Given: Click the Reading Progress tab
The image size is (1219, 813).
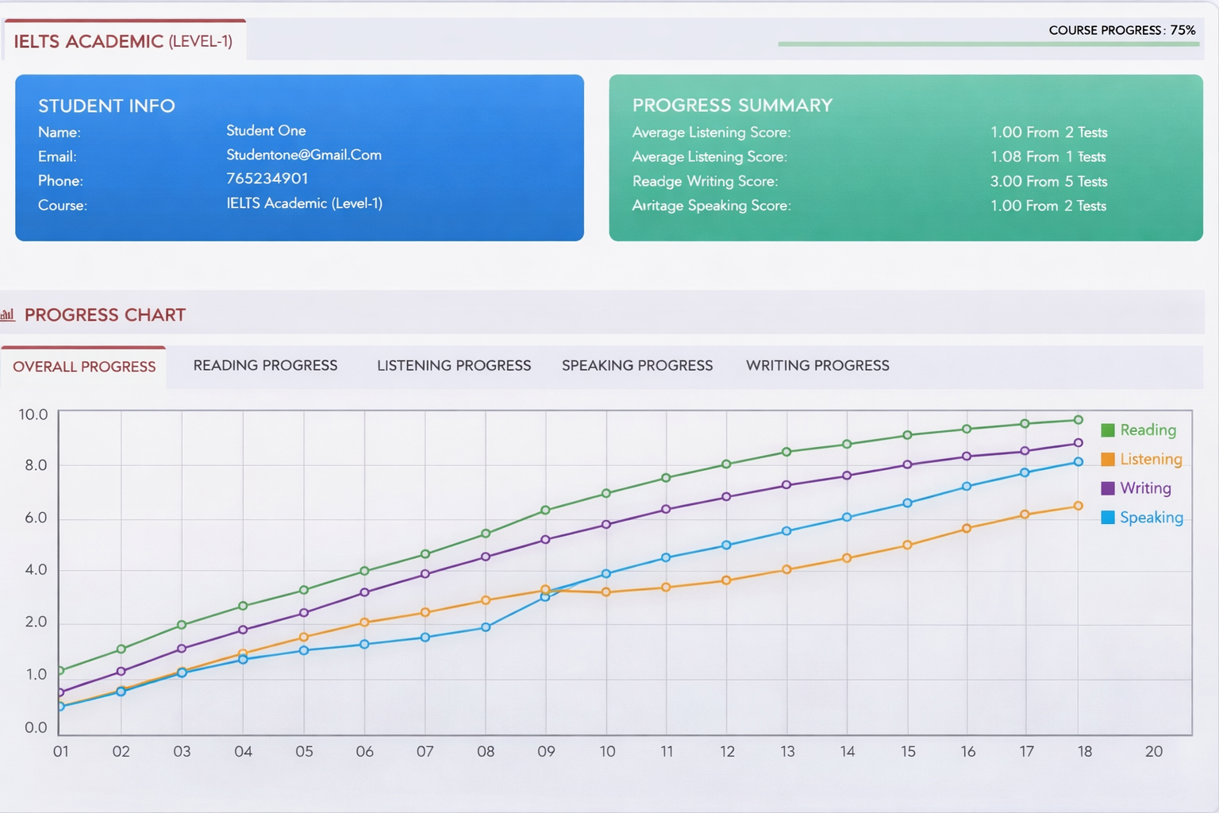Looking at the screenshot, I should point(265,365).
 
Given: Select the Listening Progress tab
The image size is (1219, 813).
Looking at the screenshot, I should point(454,365).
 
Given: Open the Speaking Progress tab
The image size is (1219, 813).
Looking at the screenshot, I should point(637,365).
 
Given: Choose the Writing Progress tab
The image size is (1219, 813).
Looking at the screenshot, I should point(817,365).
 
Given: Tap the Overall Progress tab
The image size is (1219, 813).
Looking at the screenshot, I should point(84,367).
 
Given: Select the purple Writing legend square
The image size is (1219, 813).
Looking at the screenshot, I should point(1108,488).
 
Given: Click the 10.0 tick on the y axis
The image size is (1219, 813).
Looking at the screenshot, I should point(33,414).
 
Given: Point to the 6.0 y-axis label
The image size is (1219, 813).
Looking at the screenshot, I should point(36,518).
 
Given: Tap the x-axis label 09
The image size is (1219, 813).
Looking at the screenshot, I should point(546,751).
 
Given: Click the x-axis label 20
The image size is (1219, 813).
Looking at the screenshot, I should point(1154,751).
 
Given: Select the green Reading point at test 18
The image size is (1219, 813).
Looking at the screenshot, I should point(1079,420).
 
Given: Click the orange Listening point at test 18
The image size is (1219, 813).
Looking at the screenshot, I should point(1079,506).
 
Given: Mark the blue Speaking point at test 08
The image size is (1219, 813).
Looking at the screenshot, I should point(486,627).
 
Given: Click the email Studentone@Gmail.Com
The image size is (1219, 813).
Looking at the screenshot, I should point(304,155).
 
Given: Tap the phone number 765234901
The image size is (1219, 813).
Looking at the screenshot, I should point(267,179).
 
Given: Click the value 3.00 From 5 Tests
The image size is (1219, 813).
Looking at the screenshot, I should point(1048,181).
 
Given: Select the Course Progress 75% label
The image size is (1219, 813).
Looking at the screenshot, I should point(1121,30).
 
